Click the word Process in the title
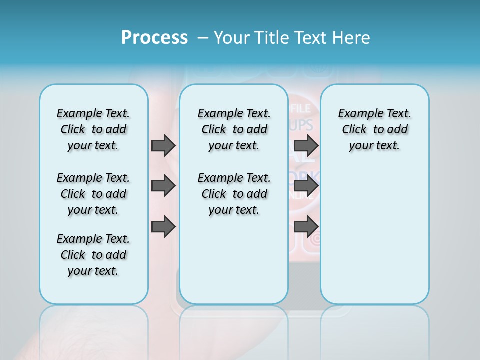[x=154, y=38]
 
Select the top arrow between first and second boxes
[x=163, y=145]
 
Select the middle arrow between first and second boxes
[x=163, y=186]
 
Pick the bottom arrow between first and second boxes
[x=163, y=226]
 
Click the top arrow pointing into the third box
[x=306, y=145]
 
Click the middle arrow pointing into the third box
[x=306, y=186]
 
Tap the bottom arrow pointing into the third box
[x=306, y=226]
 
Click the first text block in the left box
[x=93, y=129]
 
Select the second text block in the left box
[x=93, y=194]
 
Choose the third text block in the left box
[x=93, y=255]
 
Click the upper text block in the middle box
[x=234, y=129]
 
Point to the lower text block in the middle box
[x=234, y=194]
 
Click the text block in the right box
[x=374, y=129]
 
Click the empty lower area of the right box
[x=374, y=235]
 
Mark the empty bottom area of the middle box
[x=234, y=265]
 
